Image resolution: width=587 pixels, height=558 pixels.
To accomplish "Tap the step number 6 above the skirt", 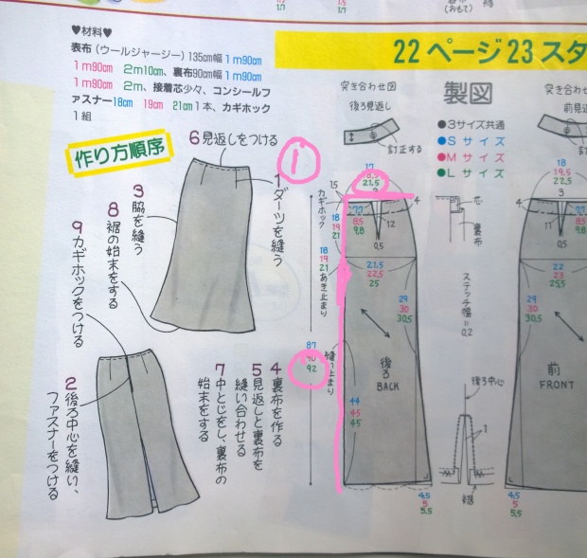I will click(194, 136).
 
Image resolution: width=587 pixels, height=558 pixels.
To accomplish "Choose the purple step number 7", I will click(221, 367).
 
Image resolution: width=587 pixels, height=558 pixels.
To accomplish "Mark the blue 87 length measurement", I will click(311, 344).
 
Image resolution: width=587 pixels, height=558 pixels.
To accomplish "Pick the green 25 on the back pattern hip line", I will click(374, 283).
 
